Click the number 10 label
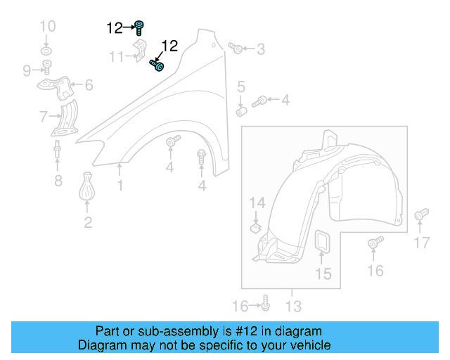pyautogui.click(x=47, y=27)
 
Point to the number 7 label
pyautogui.click(x=44, y=116)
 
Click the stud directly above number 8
pyautogui.click(x=57, y=151)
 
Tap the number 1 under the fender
pyautogui.click(x=120, y=186)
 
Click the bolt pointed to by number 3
pyautogui.click(x=236, y=49)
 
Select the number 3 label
pyautogui.click(x=261, y=49)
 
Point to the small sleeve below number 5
pyautogui.click(x=241, y=111)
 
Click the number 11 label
pyautogui.click(x=117, y=56)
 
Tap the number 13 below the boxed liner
pyautogui.click(x=293, y=306)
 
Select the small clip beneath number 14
pyautogui.click(x=257, y=227)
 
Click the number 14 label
pyautogui.click(x=257, y=204)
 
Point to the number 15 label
pyautogui.click(x=323, y=274)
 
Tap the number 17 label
pyautogui.click(x=420, y=243)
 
